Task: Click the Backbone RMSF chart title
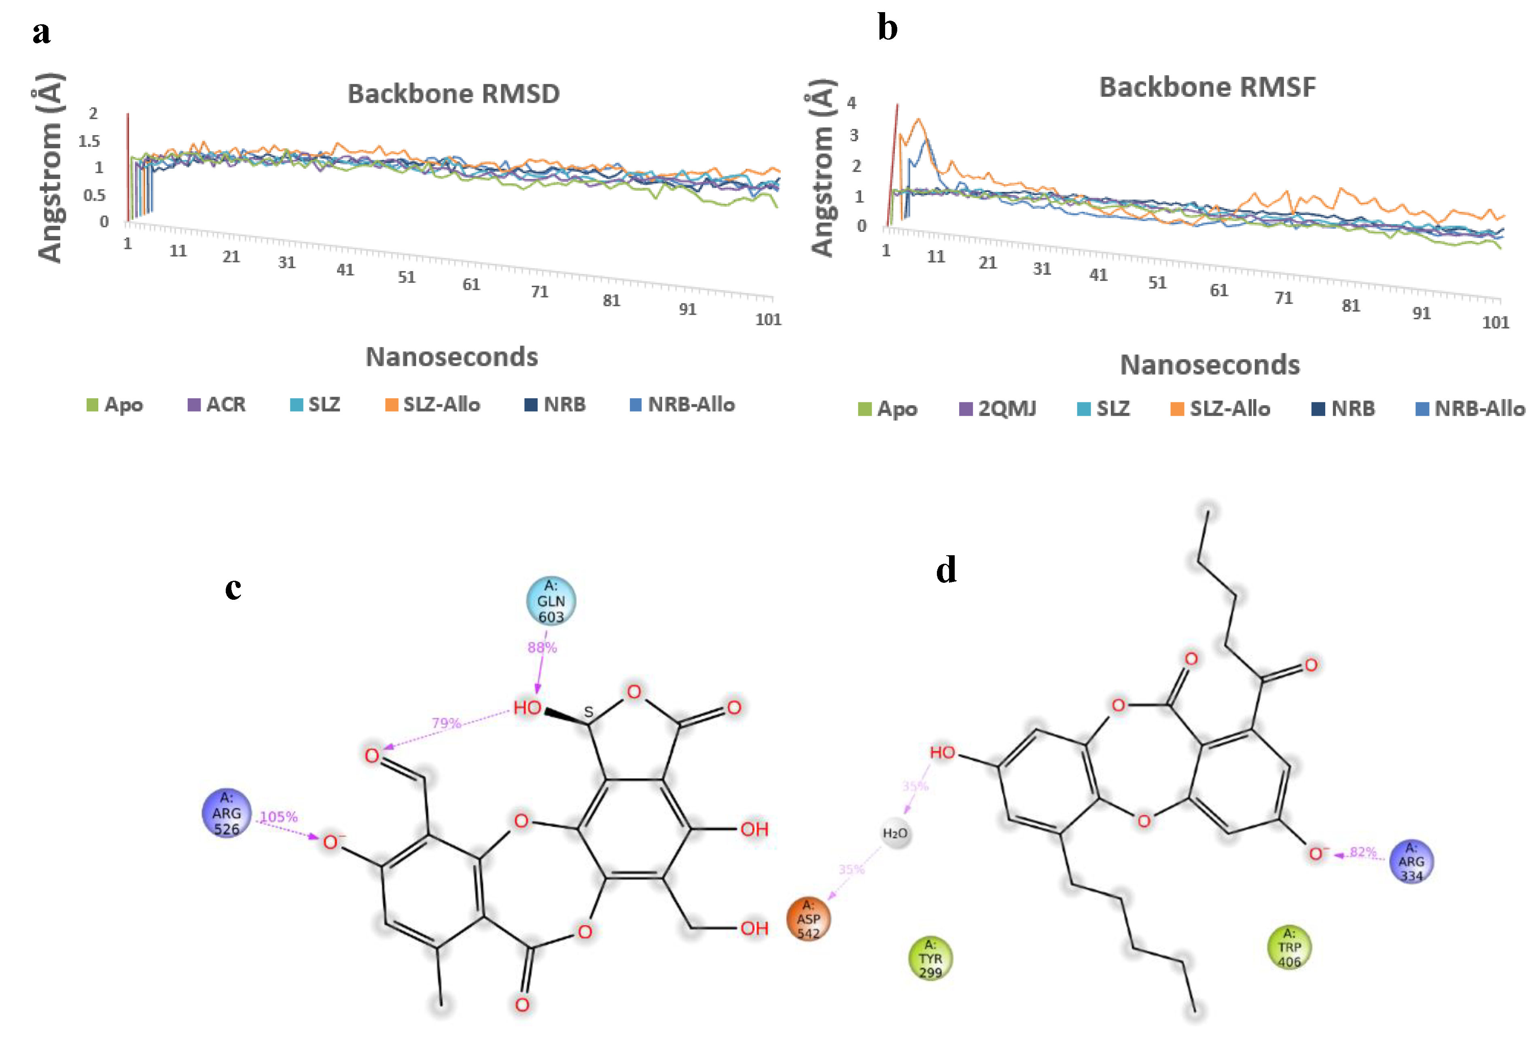tap(1207, 87)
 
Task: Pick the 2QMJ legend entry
tap(998, 409)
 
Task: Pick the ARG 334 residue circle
tap(1411, 862)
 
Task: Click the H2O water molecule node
tap(895, 834)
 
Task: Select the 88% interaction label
tap(542, 648)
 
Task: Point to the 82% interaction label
tap(1363, 852)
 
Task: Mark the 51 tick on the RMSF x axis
tap(1157, 282)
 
